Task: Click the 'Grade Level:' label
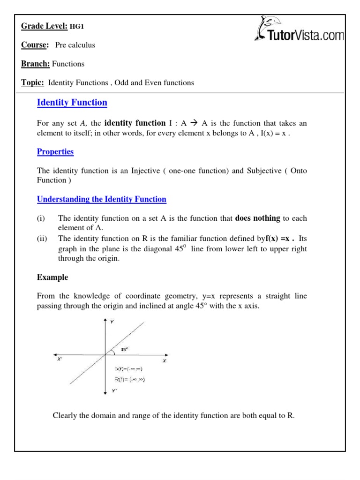click(44, 26)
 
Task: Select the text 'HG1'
click(77, 27)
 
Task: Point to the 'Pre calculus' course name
click(75, 45)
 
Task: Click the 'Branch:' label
click(35, 64)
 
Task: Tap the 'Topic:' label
click(33, 82)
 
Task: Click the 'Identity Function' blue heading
click(72, 102)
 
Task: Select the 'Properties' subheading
click(55, 152)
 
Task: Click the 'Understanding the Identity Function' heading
click(101, 199)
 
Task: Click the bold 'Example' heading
click(52, 277)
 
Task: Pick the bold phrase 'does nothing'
click(257, 218)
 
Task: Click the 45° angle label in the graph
click(124, 349)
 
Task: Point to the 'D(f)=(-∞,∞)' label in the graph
click(128, 369)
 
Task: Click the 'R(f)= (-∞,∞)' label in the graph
click(129, 380)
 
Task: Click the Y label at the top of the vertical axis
click(112, 322)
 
